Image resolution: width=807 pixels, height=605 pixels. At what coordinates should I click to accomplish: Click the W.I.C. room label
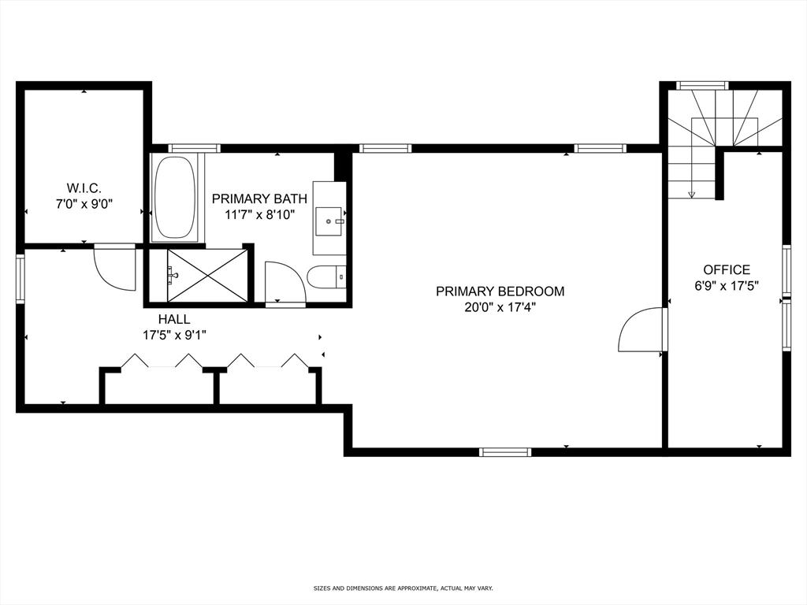pos(84,187)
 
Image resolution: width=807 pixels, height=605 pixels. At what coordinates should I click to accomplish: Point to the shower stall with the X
pos(207,275)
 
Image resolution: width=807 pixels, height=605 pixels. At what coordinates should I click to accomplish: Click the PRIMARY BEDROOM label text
pos(500,291)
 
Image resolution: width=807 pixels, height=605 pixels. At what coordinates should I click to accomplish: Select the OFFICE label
pos(727,270)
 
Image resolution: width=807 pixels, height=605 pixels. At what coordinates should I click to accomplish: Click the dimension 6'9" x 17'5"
pos(727,287)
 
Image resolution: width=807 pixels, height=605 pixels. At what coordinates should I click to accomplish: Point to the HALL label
pos(173,319)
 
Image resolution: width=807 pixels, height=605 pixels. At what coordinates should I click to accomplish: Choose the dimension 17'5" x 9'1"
pos(173,335)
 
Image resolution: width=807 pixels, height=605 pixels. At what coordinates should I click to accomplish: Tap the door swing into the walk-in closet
pos(115,268)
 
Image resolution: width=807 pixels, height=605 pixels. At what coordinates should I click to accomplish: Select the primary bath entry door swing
pos(284,283)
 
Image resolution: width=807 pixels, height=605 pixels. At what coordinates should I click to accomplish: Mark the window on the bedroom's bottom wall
pos(505,451)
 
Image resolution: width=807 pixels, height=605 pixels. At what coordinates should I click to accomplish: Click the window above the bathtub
pos(194,148)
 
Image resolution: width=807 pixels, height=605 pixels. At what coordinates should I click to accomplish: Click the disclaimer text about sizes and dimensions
pos(403,588)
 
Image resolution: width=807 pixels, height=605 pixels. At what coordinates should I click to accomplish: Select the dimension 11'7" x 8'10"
pos(259,215)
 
